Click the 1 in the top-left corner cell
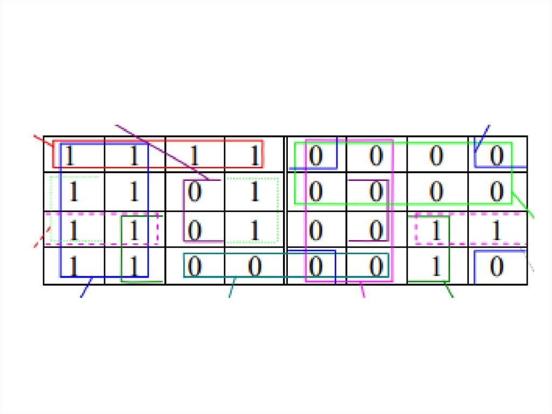click(70, 156)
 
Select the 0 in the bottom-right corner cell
click(497, 266)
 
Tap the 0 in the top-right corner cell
click(497, 156)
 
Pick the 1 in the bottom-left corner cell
click(73, 266)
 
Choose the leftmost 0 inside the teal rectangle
click(195, 266)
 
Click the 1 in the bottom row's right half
click(436, 266)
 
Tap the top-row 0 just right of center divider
click(315, 156)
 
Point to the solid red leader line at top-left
click(43, 141)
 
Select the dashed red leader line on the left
click(43, 237)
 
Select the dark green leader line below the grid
click(448, 290)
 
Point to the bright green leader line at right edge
click(523, 206)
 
